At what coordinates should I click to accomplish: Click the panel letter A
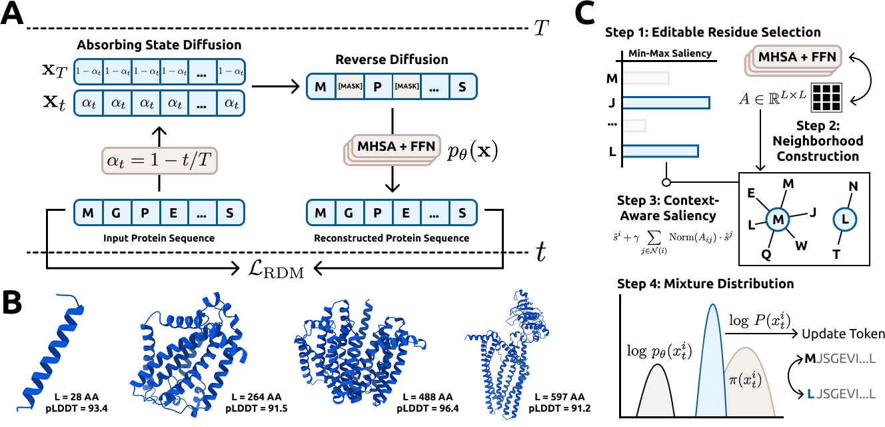pos(14,15)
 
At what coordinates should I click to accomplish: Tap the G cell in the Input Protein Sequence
pos(117,213)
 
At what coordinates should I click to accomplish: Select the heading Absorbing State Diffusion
pos(159,45)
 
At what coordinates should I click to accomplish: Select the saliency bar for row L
pos(660,151)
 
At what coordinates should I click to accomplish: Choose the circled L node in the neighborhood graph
pos(844,220)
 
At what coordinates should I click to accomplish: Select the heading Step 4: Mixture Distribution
pos(700,284)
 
